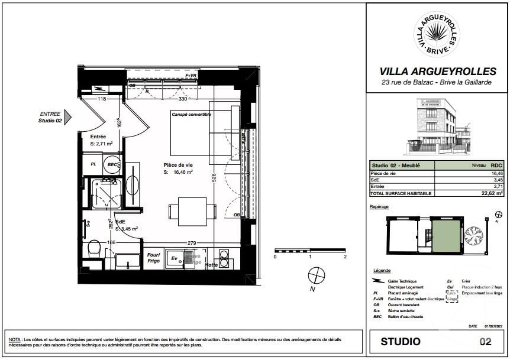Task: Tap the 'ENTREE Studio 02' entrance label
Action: (50, 117)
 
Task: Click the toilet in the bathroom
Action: (93, 249)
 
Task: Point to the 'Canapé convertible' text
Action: (191, 114)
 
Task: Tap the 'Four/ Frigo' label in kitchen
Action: (154, 258)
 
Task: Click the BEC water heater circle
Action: (112, 165)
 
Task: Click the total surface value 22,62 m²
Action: (492, 193)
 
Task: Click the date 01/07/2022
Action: (493, 326)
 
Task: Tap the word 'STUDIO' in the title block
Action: (401, 342)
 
